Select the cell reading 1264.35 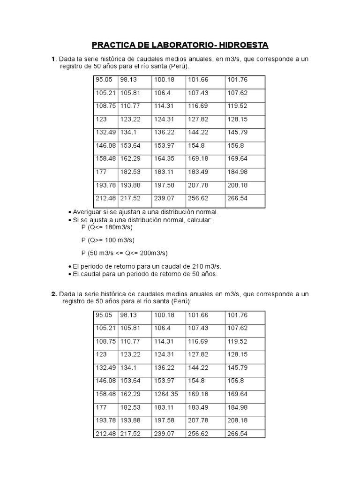(x=164, y=394)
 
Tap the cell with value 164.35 (x=164, y=158)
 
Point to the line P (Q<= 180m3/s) (x=107, y=227)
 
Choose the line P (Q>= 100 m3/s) (x=108, y=240)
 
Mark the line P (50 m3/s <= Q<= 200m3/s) (x=124, y=253)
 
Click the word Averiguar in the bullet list (x=88, y=212)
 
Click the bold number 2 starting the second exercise (x=53, y=294)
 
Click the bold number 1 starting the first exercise (x=53, y=59)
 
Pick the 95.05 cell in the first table (x=104, y=80)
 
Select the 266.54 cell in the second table (x=238, y=434)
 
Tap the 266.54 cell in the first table (x=238, y=198)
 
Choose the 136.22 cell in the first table (x=164, y=132)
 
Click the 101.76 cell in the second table (x=238, y=315)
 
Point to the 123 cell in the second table (x=102, y=355)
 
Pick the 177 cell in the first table (x=102, y=172)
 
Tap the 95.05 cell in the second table (x=104, y=315)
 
